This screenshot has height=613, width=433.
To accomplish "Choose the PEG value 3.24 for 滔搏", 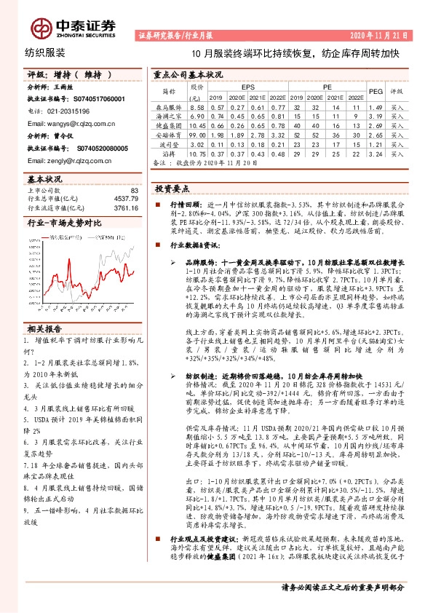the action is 376,175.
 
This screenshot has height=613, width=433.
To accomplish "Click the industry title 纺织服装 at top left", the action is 45,53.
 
